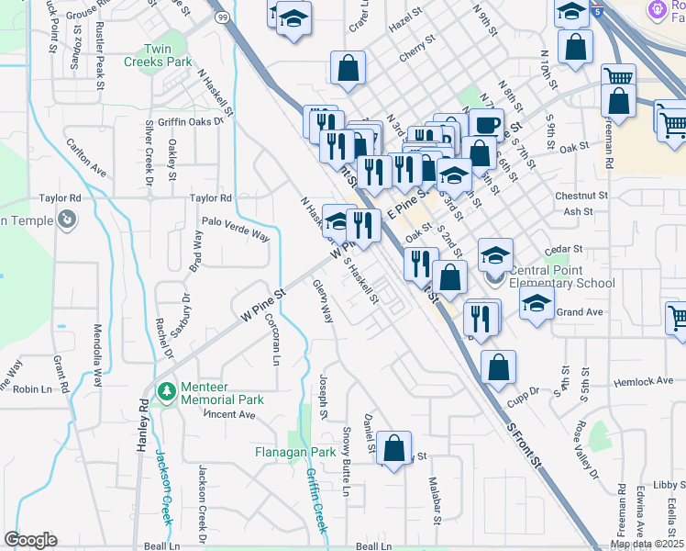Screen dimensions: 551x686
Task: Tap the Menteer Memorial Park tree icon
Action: [166, 392]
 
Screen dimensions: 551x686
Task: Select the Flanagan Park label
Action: [295, 452]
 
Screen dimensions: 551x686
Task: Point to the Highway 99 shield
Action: [221, 17]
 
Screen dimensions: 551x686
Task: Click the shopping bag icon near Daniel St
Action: [393, 449]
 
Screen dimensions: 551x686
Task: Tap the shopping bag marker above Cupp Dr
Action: [497, 366]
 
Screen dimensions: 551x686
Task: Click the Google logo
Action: [30, 540]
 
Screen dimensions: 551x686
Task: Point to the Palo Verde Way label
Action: [236, 229]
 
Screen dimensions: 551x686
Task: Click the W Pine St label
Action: [264, 302]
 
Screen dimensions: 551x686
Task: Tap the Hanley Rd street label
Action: [143, 428]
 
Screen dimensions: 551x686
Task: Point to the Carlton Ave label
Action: [87, 157]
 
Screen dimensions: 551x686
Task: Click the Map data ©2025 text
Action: [647, 544]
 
